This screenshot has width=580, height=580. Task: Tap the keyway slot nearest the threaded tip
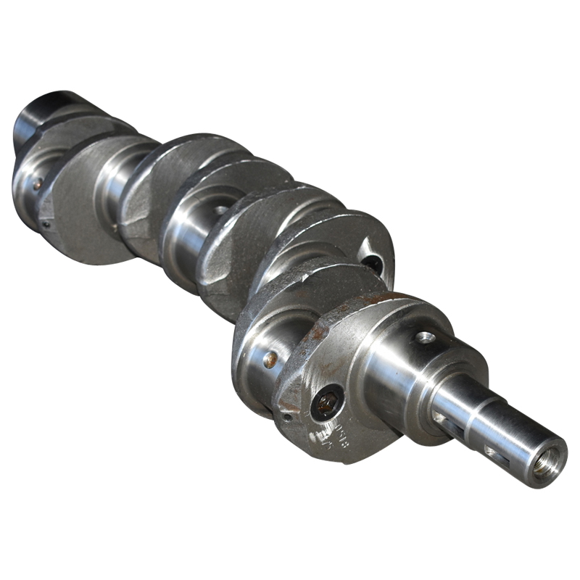click(495, 452)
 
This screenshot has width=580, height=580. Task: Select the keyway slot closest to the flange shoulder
click(444, 418)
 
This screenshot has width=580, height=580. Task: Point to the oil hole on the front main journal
click(426, 337)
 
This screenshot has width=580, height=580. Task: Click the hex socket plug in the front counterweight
click(328, 403)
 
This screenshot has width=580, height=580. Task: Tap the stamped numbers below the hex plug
click(330, 439)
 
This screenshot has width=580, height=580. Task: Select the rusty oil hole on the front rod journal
click(270, 359)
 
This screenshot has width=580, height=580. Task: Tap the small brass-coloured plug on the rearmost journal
click(36, 185)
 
